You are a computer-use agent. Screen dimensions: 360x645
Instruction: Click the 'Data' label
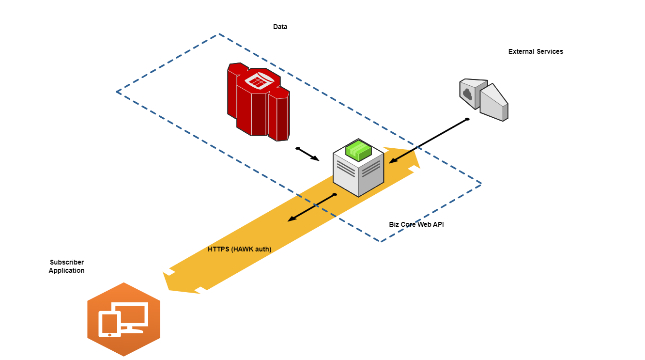click(280, 27)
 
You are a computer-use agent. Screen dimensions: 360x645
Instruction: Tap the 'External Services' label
click(536, 51)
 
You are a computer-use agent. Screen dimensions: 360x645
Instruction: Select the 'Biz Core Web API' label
click(416, 224)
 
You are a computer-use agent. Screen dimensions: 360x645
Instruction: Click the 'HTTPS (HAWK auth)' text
click(239, 249)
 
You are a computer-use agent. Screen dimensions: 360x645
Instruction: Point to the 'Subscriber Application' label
click(67, 266)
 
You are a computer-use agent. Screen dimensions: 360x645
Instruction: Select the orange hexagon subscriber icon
click(123, 319)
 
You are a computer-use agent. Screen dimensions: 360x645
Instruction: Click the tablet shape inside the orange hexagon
click(109, 324)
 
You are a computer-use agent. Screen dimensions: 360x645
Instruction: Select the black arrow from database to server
click(308, 154)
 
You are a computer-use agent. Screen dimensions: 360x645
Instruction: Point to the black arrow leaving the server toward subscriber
click(311, 208)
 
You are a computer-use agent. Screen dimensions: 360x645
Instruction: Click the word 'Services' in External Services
click(549, 51)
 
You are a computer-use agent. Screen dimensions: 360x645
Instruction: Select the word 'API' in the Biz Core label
click(438, 224)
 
